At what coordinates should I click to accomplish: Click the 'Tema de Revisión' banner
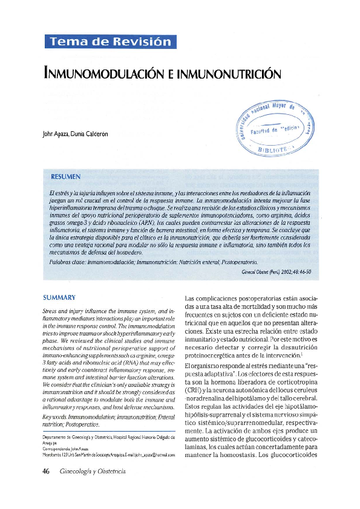click(111, 42)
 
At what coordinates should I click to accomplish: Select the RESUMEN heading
click(66, 177)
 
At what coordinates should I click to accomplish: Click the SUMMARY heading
click(59, 298)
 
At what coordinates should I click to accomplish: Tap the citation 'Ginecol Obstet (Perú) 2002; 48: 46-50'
click(275, 273)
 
